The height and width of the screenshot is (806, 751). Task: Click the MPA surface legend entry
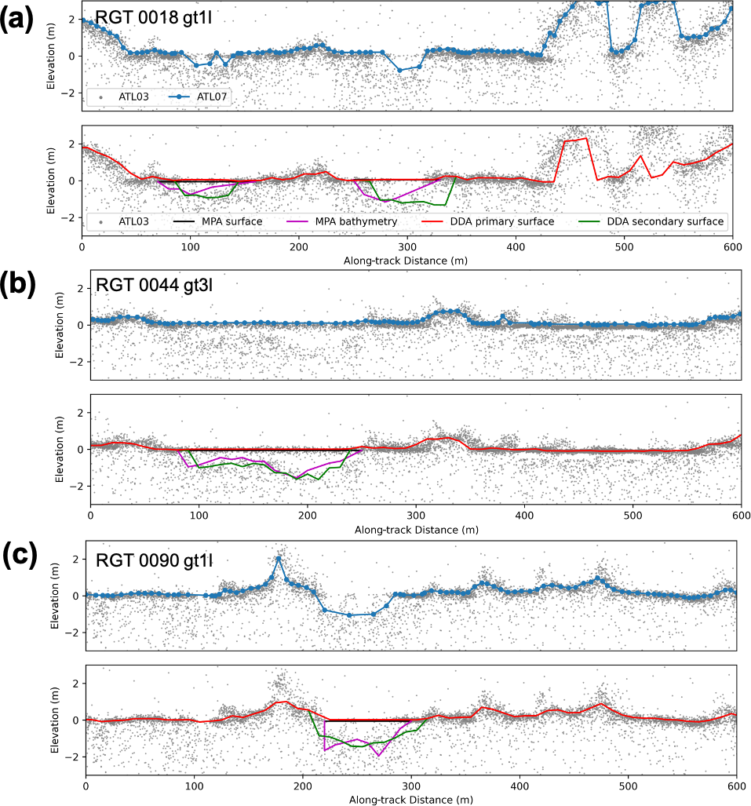[x=220, y=221]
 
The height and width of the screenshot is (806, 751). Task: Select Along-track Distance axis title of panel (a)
[x=406, y=261]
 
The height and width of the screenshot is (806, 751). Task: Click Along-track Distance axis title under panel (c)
[x=410, y=800]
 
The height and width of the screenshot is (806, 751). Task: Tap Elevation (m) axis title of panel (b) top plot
[x=60, y=327]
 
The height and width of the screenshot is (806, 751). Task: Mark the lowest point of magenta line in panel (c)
[x=379, y=756]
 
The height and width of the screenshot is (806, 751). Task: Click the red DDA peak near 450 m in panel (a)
[x=586, y=139]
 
